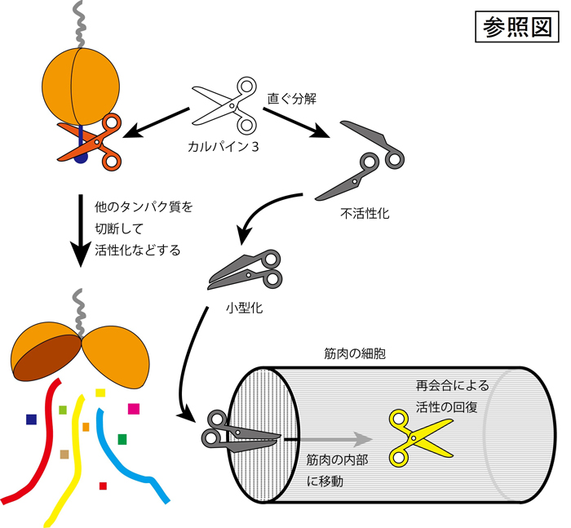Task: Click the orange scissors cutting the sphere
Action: (x=90, y=142)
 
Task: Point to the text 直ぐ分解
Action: (x=291, y=99)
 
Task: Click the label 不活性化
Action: (x=365, y=215)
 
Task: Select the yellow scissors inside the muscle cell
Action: (x=418, y=436)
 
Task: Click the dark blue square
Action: (x=31, y=419)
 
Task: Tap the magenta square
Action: (x=134, y=408)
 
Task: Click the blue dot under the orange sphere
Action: (x=80, y=158)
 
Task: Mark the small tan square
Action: (x=64, y=453)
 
